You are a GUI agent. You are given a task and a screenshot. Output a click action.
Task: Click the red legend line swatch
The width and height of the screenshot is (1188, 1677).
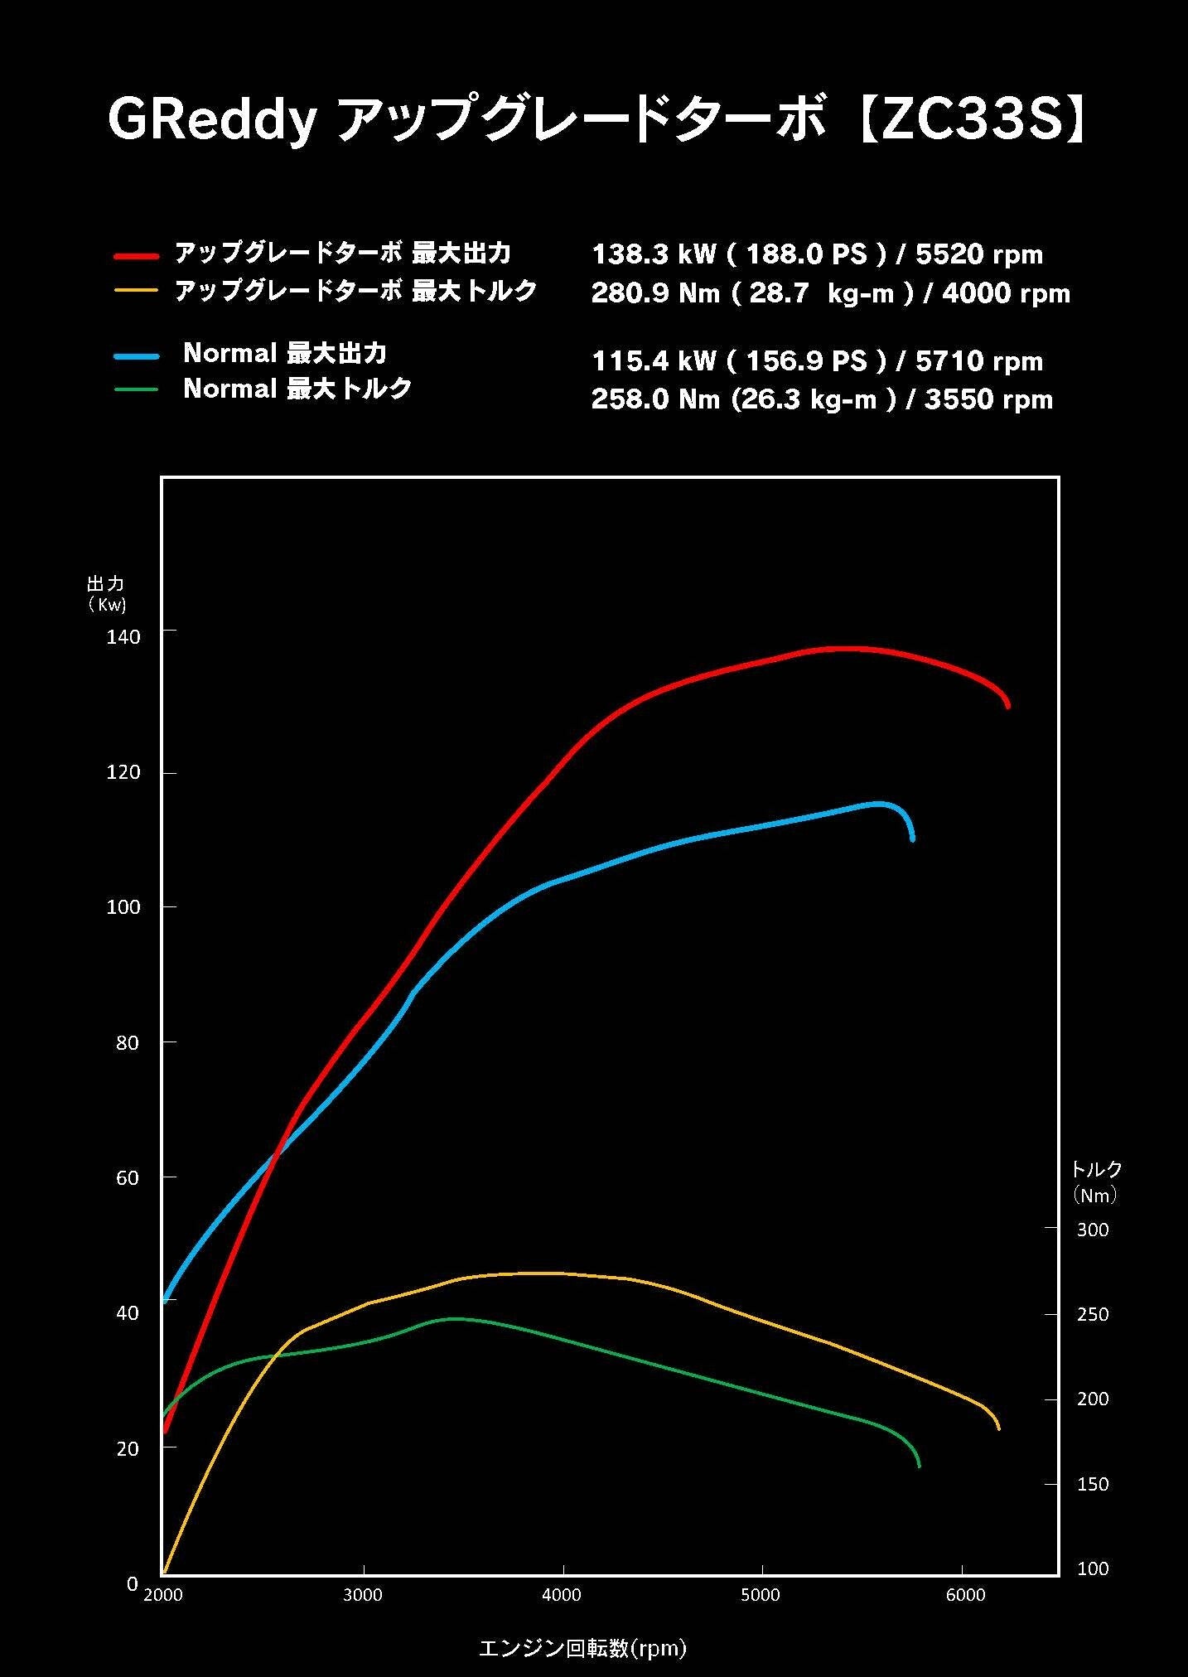point(136,256)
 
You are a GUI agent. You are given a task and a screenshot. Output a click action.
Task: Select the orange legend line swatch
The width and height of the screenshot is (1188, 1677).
point(136,291)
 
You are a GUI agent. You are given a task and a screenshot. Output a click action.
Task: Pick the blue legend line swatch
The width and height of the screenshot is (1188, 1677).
point(136,355)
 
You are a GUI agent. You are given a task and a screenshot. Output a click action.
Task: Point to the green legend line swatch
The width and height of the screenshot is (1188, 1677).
point(136,389)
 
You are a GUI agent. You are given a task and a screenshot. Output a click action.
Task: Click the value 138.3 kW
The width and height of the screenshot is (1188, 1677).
point(654,254)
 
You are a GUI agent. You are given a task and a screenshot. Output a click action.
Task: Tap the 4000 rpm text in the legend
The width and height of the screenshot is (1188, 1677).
point(1006,293)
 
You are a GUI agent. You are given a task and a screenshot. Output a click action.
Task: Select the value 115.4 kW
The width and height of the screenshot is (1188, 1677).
point(654,361)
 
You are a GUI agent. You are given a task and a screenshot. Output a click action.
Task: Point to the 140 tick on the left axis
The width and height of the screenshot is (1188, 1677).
point(123,636)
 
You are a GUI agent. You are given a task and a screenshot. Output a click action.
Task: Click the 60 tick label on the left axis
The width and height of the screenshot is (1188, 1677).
point(127,1177)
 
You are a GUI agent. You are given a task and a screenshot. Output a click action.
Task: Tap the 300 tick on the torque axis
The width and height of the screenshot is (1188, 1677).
point(1092,1230)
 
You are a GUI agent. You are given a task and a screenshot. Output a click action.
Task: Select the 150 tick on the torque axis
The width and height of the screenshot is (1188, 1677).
point(1092,1484)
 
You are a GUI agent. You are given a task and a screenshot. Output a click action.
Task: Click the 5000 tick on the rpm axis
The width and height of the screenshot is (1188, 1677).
point(761,1595)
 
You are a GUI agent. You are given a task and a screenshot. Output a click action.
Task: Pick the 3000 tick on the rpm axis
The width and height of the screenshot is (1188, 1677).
point(363,1595)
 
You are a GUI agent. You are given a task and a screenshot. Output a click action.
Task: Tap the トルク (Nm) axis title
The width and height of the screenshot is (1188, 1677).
point(1095,1182)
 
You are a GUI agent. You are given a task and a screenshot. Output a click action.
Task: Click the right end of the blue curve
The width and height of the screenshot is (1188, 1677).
point(912,839)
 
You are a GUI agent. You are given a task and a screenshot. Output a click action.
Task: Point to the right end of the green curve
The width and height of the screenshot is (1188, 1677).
point(919,1466)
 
